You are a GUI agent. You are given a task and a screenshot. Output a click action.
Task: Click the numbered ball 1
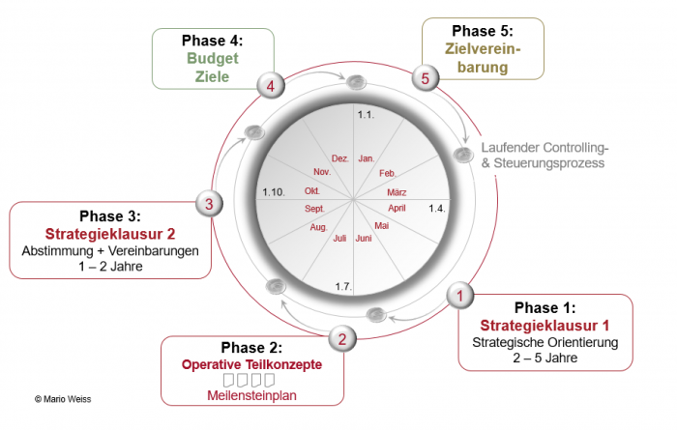point(459,296)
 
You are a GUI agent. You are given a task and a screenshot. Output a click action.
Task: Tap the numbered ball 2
point(342,338)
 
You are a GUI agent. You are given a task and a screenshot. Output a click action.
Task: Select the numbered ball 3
point(210,204)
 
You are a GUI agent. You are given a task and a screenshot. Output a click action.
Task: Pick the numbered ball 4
point(271,85)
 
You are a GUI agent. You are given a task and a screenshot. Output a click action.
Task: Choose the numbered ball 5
point(426,78)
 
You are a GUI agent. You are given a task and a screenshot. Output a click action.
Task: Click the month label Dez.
point(340,158)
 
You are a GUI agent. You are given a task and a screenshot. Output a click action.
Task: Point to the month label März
point(397,192)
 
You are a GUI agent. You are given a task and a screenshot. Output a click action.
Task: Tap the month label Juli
point(339,238)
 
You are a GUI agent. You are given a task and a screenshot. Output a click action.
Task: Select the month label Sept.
point(314,209)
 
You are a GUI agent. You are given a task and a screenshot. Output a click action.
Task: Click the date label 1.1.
point(366,115)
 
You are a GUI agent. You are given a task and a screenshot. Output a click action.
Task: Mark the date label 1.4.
point(436,209)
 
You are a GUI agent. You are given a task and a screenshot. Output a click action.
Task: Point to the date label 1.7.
point(343,286)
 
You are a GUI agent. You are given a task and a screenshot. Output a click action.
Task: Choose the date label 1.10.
point(274,192)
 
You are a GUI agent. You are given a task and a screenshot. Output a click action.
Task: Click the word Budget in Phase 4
point(213,58)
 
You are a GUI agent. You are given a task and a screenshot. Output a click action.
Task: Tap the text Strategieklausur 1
point(545,326)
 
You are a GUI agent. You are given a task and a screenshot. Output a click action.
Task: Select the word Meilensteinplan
point(251,395)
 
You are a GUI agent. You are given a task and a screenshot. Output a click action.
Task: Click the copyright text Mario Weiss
point(63,399)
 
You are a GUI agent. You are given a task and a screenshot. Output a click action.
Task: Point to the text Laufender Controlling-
point(545,148)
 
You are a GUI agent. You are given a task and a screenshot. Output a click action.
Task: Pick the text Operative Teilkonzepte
point(251,364)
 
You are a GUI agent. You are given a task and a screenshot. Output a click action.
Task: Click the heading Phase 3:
point(110,215)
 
